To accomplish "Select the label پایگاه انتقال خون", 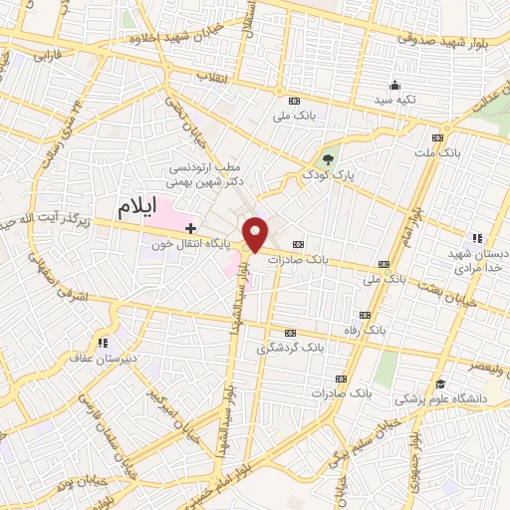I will coord(196,243).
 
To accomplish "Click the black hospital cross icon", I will coord(191,228).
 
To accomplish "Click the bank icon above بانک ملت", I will coord(437,138).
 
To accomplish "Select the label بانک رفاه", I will coord(365,328).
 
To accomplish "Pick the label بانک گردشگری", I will coord(291,348).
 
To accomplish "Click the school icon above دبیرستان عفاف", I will coord(101,341).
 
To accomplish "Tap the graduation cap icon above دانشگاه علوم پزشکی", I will coord(439,383).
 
